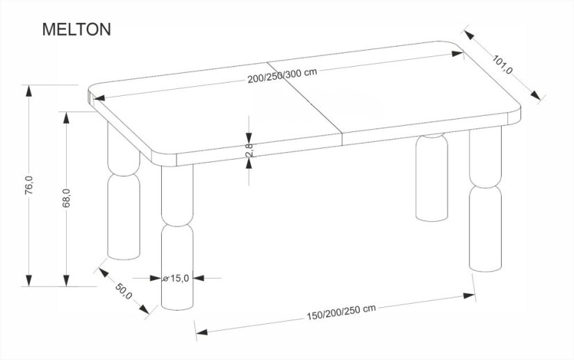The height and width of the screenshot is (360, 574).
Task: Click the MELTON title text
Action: tap(76, 30)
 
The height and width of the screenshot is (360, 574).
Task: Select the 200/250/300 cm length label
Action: tap(282, 78)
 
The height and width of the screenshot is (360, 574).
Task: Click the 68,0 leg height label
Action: tap(67, 198)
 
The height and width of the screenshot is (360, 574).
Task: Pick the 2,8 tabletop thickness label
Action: tap(248, 150)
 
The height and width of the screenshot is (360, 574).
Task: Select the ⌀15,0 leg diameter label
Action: tap(176, 278)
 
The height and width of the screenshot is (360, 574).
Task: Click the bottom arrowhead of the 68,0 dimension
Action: tap(67, 281)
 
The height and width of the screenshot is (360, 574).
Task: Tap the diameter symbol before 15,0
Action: tap(165, 278)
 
